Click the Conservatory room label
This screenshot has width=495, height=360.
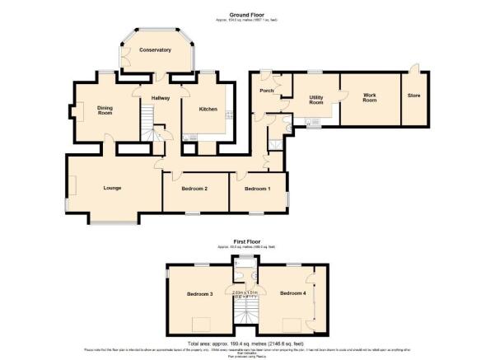[x=155, y=50]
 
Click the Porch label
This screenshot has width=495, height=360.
[x=266, y=91]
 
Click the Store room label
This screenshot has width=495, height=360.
[x=413, y=96]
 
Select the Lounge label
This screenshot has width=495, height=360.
[x=113, y=189]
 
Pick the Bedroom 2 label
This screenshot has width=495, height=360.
[x=194, y=189]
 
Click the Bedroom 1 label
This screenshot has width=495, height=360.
[x=259, y=189]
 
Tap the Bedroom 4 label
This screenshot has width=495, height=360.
[x=292, y=293]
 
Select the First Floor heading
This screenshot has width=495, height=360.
[x=247, y=241]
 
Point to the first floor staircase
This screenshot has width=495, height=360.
[x=245, y=311]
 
